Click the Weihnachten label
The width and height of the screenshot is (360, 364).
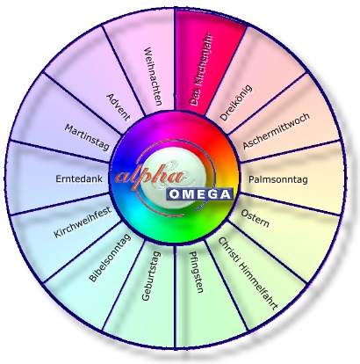tap(153, 76)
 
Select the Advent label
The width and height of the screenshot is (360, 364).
tap(119, 107)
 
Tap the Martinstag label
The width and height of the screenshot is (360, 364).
tap(87, 137)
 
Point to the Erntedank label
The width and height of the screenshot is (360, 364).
tap(79, 178)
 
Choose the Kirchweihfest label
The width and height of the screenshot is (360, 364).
tap(83, 222)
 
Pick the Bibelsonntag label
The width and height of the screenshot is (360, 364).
tap(110, 258)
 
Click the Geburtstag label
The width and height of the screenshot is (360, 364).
tap(151, 276)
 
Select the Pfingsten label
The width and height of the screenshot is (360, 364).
tap(197, 272)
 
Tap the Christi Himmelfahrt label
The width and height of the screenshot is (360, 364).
tap(248, 273)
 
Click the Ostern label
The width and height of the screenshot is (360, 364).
tap(255, 218)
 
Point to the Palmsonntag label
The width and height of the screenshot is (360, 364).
tap(278, 179)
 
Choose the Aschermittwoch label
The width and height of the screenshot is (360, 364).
tap(276, 131)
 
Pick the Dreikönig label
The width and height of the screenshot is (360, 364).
tap(235, 103)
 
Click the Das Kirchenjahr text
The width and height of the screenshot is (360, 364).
tap(201, 70)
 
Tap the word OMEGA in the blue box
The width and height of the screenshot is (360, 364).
tap(200, 194)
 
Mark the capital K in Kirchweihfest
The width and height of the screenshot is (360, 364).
tap(57, 234)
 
